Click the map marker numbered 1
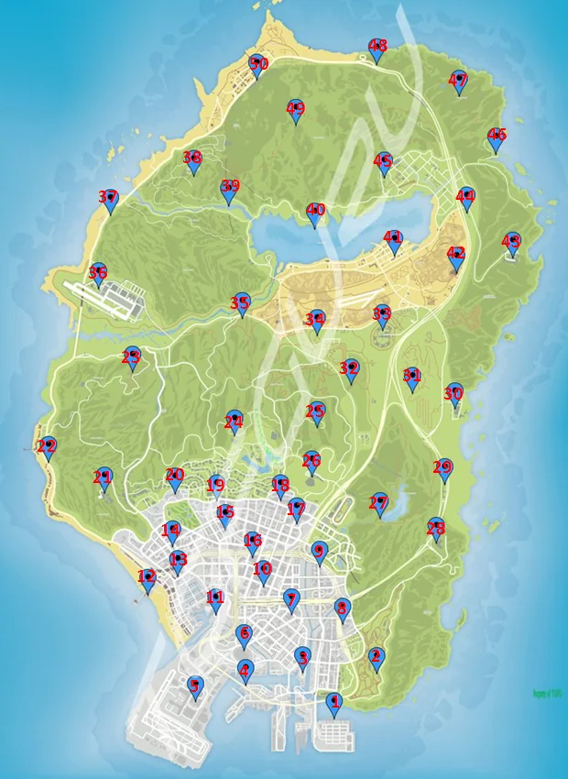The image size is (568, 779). [x=333, y=704]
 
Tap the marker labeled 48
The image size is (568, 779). [x=377, y=49]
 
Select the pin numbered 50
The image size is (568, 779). [x=257, y=65]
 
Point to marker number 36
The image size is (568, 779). [x=98, y=274]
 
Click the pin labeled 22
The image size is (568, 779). [x=47, y=448]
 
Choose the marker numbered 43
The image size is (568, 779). [x=512, y=243]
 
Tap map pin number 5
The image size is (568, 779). [x=194, y=686]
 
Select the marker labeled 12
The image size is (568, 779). [x=147, y=579]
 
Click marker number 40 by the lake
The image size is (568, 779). [x=315, y=214]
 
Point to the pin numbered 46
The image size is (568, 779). [x=497, y=138]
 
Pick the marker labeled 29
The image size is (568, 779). [x=443, y=469]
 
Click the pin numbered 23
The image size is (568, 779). [x=132, y=358]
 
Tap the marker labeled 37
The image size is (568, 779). [x=109, y=200]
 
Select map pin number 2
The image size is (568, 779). [x=375, y=658]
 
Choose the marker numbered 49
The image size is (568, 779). [x=295, y=112]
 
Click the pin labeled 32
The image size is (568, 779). [x=349, y=369]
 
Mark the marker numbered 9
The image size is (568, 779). [x=319, y=553]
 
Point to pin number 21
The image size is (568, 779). [x=103, y=478]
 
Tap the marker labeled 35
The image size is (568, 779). [x=241, y=303]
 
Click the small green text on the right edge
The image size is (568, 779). [x=547, y=694]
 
